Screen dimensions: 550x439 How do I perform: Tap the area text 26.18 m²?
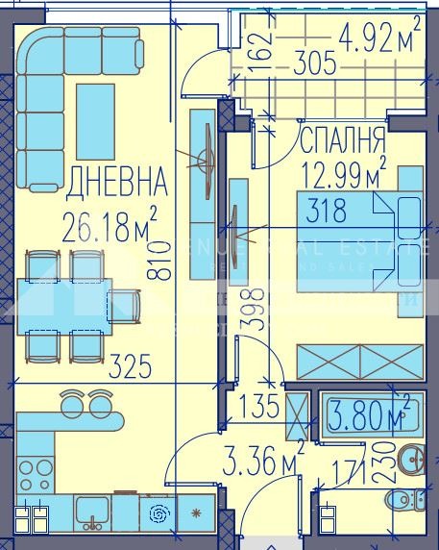110,228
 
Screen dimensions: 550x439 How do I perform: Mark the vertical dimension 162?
266,42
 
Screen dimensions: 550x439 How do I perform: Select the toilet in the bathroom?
405,499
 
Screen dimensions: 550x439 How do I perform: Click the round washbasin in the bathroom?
410,458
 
